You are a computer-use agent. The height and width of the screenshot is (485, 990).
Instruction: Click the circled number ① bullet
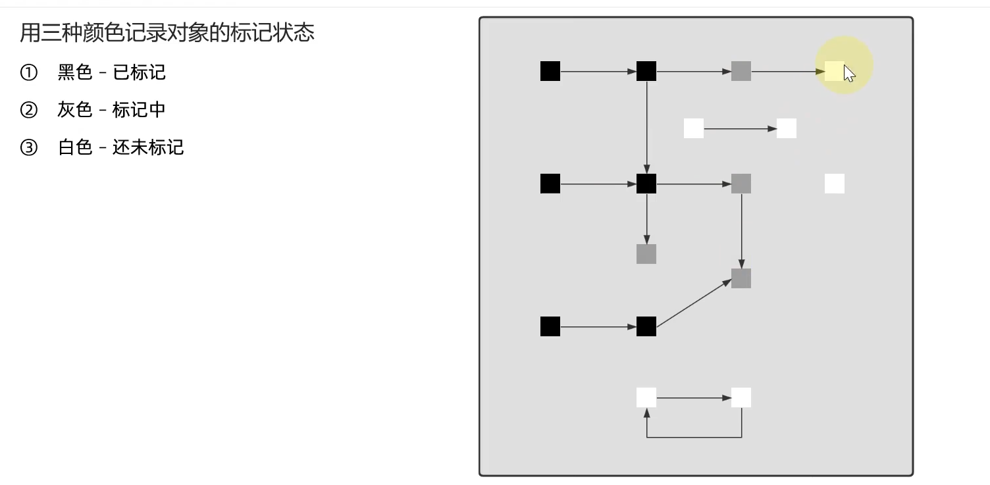click(29, 72)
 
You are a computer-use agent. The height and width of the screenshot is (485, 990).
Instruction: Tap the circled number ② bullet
click(29, 109)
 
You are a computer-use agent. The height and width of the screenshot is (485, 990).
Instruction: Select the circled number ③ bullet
click(29, 147)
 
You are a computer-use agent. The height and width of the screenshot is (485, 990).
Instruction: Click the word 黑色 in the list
click(75, 72)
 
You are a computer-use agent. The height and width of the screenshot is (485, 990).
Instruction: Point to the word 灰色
click(75, 109)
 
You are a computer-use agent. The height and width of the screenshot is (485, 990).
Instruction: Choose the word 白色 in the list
click(75, 147)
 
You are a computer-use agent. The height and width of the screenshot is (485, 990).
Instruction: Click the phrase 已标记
click(140, 72)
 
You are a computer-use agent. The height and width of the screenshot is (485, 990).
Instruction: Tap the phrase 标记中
click(139, 109)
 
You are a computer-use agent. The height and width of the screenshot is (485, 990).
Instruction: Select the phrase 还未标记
click(148, 147)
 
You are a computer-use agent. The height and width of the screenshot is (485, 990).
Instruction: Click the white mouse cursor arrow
click(849, 74)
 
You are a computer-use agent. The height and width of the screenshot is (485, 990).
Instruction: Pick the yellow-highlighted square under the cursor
click(833, 71)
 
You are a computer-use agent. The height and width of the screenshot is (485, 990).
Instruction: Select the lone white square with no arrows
click(835, 184)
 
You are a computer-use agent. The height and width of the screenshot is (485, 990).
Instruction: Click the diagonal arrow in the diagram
click(694, 303)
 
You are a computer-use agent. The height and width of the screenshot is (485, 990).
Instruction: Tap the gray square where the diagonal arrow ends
click(741, 278)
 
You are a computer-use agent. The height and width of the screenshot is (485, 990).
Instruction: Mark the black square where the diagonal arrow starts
click(646, 326)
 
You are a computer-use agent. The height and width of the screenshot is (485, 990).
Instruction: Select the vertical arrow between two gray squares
click(742, 230)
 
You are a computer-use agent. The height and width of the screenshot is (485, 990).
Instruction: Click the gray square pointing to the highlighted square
click(741, 71)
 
